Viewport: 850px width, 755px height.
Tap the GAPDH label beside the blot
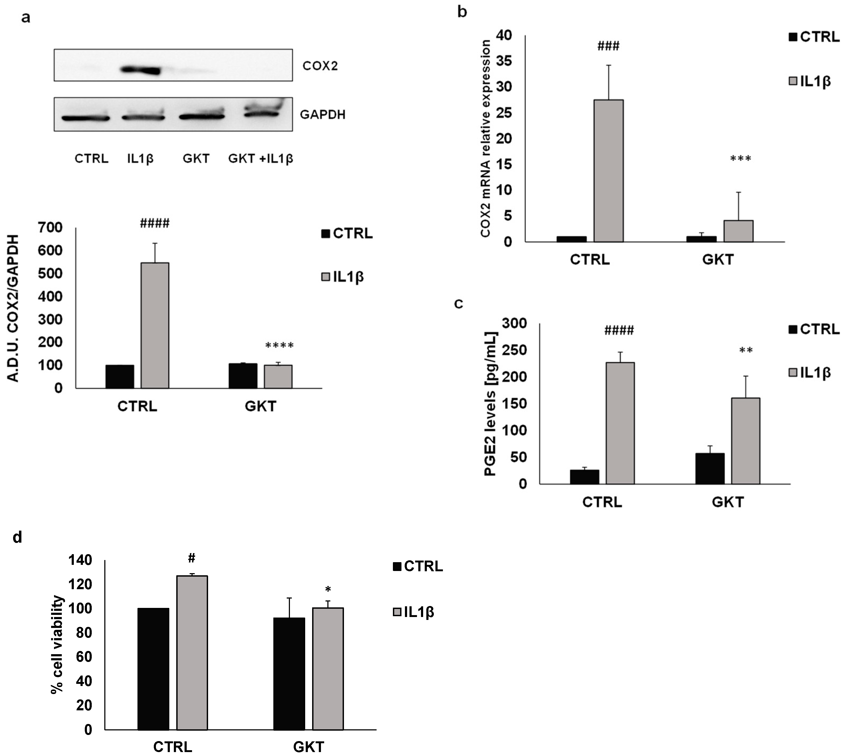(323, 114)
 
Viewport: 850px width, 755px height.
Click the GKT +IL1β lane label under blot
(261, 158)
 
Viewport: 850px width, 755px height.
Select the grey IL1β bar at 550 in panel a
(155, 325)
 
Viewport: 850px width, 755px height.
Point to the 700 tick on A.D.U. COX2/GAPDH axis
(50, 227)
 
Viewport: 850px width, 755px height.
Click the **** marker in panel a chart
(279, 345)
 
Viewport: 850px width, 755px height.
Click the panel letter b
(462, 13)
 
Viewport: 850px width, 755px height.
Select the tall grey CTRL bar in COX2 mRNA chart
(608, 170)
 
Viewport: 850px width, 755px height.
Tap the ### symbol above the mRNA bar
(608, 46)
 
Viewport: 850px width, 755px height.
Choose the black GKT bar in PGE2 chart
(710, 469)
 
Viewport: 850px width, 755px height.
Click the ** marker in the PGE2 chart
(746, 350)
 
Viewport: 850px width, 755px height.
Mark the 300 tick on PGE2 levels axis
(514, 323)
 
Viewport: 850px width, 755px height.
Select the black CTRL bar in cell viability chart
(153, 669)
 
